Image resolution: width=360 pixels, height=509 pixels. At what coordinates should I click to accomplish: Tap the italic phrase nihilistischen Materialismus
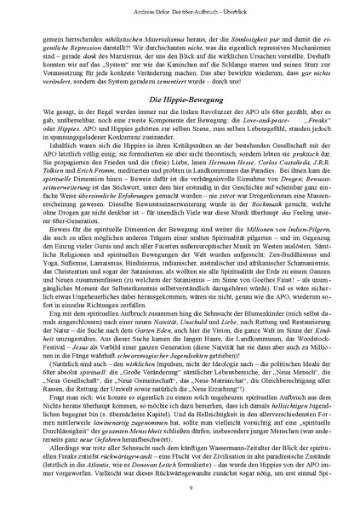[x=118, y=38]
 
